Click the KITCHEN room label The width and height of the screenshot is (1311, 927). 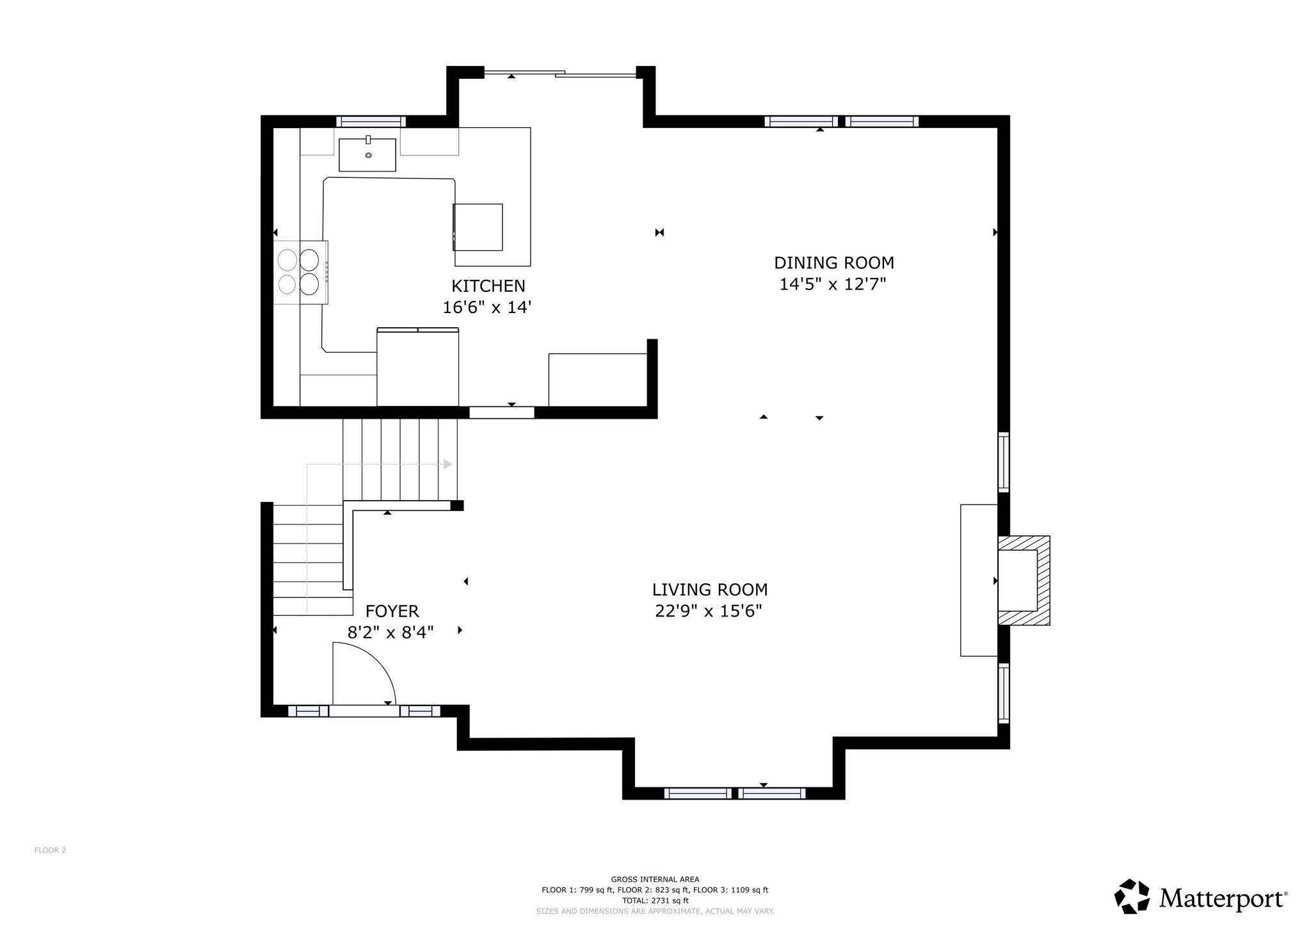tap(488, 286)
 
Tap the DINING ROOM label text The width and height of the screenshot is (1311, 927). tap(833, 262)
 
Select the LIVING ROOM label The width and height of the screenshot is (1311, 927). tap(710, 589)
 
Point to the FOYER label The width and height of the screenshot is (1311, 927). tap(392, 611)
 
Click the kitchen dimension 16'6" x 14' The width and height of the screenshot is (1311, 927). tap(488, 307)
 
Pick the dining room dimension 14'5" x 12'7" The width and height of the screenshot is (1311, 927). tap(833, 284)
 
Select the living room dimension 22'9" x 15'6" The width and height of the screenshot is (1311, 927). tap(709, 611)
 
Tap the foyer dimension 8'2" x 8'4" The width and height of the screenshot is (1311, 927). tap(390, 633)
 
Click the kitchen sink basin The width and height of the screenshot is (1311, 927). tap(367, 155)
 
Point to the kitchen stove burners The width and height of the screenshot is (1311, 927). tap(299, 271)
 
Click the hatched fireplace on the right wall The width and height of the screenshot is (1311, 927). tap(1024, 580)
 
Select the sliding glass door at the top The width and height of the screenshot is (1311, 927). tap(560, 74)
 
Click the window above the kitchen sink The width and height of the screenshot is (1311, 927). tap(371, 122)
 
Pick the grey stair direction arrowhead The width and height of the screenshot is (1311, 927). tap(448, 464)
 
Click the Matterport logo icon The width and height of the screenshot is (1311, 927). tap(1133, 896)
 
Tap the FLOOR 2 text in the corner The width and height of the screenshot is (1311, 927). tap(50, 850)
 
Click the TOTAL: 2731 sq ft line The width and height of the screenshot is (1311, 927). tap(655, 900)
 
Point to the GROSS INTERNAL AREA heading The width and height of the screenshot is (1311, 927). tap(655, 880)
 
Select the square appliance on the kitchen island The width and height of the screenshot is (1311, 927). tap(478, 227)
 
